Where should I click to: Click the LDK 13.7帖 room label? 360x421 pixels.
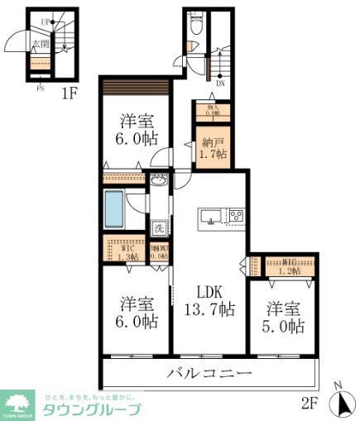point(209,300)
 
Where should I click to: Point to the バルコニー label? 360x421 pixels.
point(209,374)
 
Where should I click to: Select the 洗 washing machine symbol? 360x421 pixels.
point(159,227)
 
